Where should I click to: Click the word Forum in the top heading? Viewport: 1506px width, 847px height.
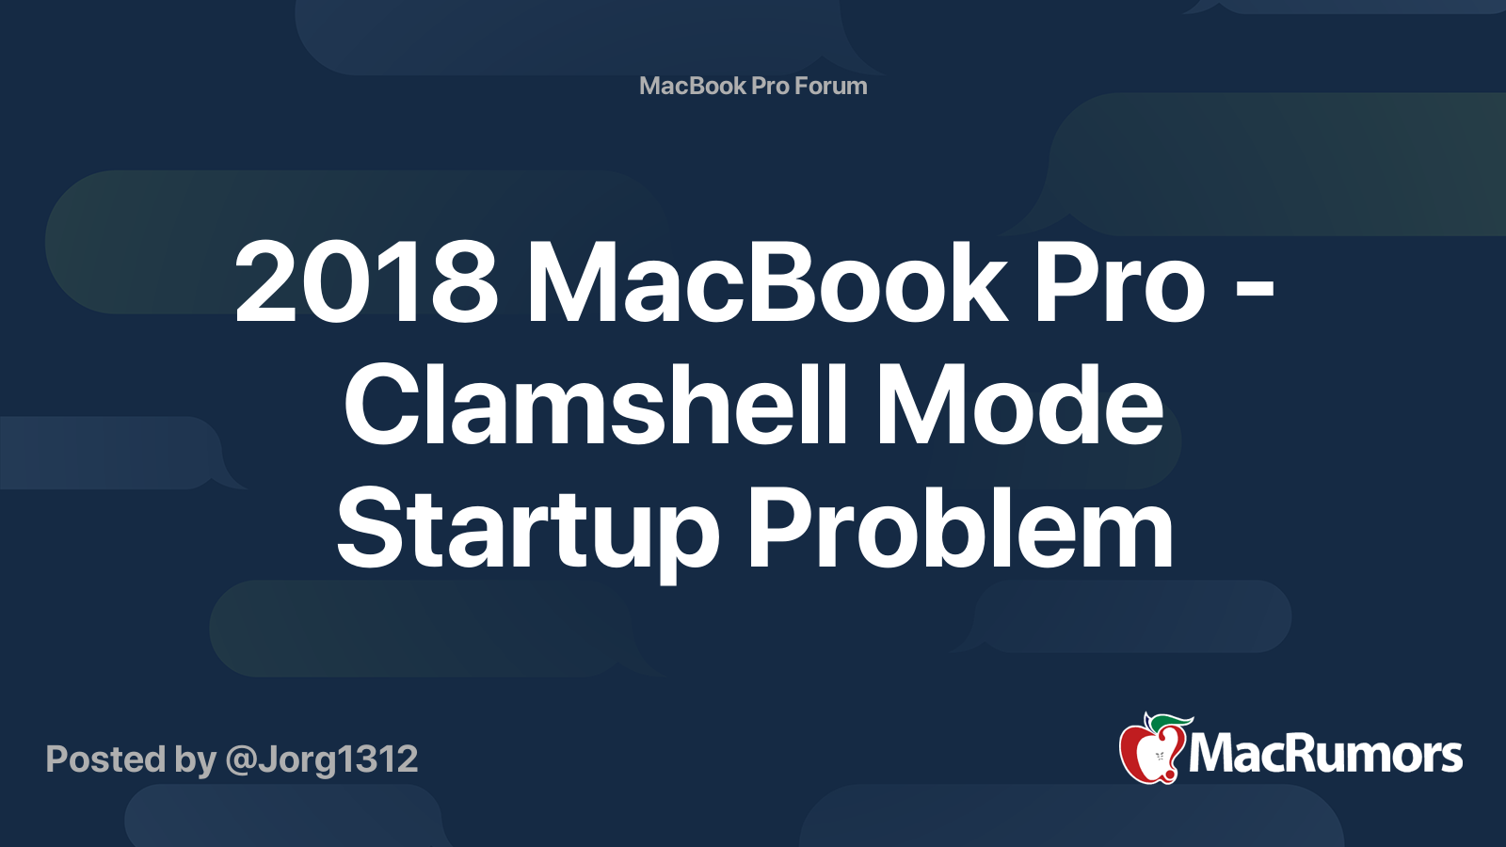point(830,86)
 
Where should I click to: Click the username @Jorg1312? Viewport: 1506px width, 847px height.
point(322,759)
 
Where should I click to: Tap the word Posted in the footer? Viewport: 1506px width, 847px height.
point(104,759)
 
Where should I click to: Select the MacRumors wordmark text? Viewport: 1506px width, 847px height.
point(1325,755)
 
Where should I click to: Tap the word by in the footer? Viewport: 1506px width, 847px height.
point(194,759)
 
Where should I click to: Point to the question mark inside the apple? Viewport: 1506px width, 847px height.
point(1159,756)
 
